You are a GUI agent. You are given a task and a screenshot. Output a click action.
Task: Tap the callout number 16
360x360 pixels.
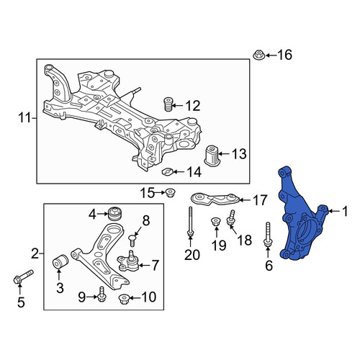click(x=285, y=55)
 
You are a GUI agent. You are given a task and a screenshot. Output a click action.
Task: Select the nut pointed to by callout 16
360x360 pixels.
click(x=259, y=55)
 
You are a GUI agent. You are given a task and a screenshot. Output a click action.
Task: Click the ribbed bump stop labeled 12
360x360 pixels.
click(x=168, y=104)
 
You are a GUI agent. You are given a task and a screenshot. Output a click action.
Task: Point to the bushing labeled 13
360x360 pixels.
click(x=211, y=156)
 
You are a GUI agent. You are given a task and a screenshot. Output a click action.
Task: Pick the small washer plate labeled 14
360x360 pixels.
click(x=167, y=171)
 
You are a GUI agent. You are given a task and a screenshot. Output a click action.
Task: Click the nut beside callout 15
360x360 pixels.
click(x=171, y=192)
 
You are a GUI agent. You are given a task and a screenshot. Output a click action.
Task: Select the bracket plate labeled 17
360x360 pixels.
click(x=215, y=199)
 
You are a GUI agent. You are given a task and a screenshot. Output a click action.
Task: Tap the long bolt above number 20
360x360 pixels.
click(x=190, y=221)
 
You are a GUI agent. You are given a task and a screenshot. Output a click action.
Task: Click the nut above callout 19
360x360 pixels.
click(x=215, y=221)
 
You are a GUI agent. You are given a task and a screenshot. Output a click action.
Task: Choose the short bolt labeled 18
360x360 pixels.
click(x=231, y=217)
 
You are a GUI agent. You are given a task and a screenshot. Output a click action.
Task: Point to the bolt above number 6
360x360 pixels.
click(x=268, y=235)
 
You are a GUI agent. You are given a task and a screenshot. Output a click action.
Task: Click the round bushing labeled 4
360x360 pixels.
click(x=115, y=213)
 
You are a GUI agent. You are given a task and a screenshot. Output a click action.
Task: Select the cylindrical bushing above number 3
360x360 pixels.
click(x=60, y=263)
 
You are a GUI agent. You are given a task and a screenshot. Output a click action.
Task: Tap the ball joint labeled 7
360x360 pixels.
click(x=128, y=261)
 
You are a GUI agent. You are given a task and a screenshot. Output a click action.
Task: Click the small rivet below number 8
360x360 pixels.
click(x=132, y=240)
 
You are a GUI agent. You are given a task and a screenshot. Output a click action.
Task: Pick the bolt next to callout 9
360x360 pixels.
click(x=102, y=294)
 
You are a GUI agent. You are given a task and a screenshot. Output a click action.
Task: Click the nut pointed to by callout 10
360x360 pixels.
click(x=124, y=299)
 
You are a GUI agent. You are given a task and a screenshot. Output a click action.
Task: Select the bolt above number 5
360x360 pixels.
click(x=23, y=276)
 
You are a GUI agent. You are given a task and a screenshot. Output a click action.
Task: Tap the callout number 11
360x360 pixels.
click(x=24, y=118)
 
